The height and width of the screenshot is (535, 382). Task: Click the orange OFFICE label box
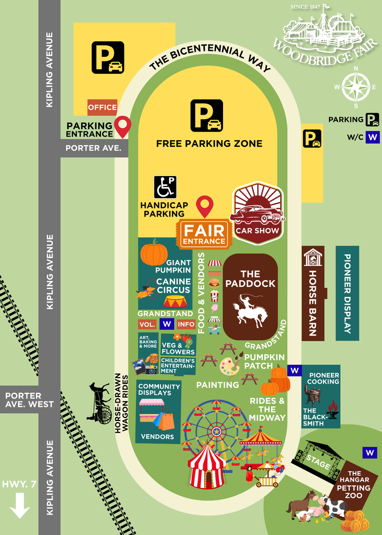102,108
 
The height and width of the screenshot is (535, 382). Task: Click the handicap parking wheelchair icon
165,187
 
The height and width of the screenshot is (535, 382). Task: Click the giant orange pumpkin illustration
154,252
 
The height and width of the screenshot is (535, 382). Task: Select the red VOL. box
147,324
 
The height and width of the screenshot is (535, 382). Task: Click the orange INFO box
186,324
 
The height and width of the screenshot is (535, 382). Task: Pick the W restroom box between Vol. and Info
167,324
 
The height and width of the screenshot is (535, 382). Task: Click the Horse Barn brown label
313,293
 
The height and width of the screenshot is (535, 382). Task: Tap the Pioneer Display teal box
347,293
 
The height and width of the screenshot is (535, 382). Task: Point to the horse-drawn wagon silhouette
101,403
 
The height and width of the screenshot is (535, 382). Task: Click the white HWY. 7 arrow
20,507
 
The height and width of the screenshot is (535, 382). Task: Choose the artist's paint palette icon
229,365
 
